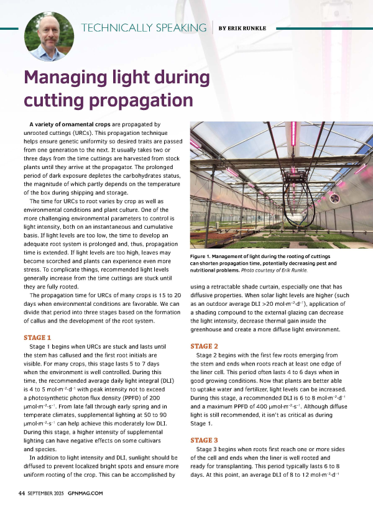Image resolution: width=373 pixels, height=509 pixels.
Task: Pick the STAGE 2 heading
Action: coord(204,346)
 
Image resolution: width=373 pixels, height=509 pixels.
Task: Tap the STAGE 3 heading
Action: coord(204,439)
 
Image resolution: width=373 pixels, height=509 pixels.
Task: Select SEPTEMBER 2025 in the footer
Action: coord(47,493)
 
